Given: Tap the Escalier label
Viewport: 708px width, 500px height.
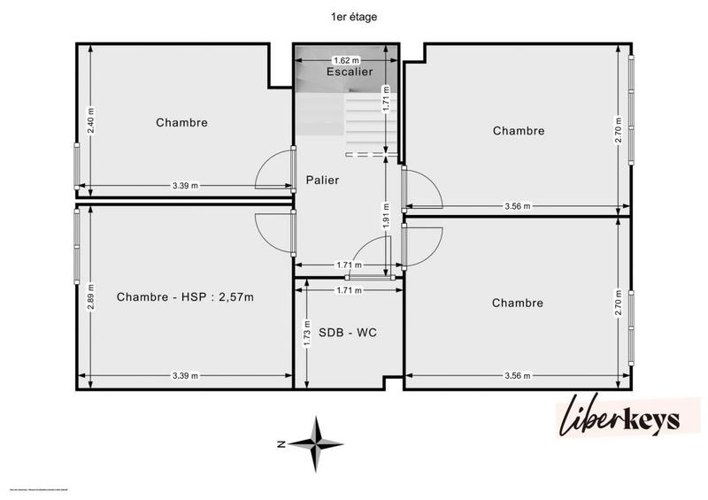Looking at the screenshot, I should point(350,72).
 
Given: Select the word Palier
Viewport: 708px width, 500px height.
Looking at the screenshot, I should point(323,180).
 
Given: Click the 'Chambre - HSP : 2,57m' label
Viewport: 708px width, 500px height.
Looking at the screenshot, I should point(185,297).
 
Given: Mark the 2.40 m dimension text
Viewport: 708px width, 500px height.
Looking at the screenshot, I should point(90,119).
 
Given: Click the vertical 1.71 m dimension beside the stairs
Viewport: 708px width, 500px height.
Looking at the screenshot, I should point(387,109).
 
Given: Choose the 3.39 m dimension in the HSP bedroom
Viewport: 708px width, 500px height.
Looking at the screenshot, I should point(185,375).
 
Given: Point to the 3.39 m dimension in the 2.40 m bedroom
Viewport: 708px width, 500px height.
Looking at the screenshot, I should point(185,185).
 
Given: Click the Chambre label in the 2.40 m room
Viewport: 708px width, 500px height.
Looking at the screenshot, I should point(181,123).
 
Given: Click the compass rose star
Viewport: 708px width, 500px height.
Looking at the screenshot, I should point(317,442).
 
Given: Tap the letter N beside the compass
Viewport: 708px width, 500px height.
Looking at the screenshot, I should point(279,443).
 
